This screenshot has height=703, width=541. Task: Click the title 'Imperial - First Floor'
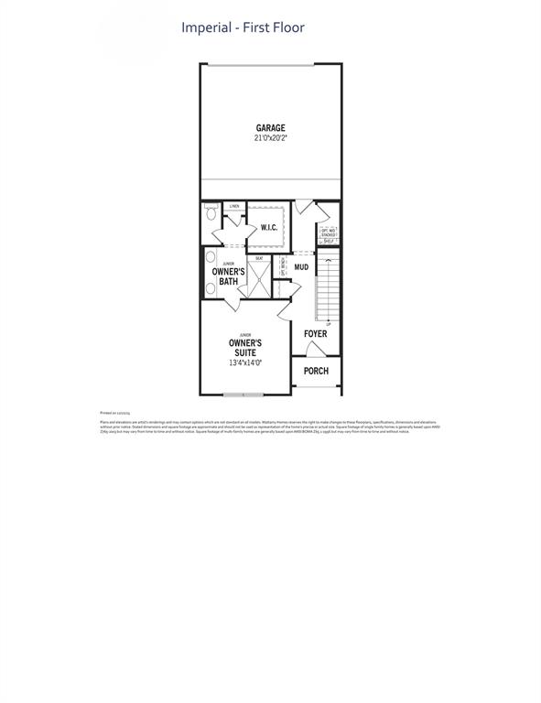tap(242, 27)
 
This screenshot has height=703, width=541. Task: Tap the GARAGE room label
tap(270, 128)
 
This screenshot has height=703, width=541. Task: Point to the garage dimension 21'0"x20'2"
tap(270, 138)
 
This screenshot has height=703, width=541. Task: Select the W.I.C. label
tap(269, 227)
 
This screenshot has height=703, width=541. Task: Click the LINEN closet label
tap(234, 207)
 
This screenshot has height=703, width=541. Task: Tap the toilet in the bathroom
tap(210, 214)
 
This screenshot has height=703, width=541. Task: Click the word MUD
tap(301, 268)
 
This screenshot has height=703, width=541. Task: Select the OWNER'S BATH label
tap(228, 276)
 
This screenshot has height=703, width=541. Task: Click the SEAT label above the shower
tap(260, 258)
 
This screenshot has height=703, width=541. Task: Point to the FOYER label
tap(315, 334)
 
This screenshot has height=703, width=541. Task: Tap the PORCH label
tap(316, 371)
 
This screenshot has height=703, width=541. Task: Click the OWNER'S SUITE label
tap(245, 348)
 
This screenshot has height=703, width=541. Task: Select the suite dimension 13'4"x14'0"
tap(245, 363)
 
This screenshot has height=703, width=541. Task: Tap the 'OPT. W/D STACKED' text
tap(328, 233)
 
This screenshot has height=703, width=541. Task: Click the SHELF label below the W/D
tap(328, 243)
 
